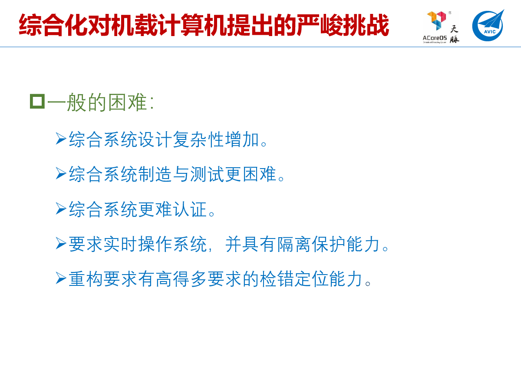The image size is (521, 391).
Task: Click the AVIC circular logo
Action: pyautogui.click(x=488, y=26)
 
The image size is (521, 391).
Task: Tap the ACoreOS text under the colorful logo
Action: pyautogui.click(x=435, y=38)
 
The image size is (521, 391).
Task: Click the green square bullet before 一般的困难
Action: pyautogui.click(x=37, y=101)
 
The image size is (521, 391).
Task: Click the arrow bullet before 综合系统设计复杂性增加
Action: pyautogui.click(x=61, y=139)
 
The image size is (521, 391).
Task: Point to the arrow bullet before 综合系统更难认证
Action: pyautogui.click(x=61, y=209)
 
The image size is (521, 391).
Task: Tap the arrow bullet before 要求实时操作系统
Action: pyautogui.click(x=61, y=243)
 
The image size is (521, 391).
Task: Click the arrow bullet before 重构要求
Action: pyautogui.click(x=61, y=278)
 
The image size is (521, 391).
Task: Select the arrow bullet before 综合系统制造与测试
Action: pyautogui.click(x=61, y=173)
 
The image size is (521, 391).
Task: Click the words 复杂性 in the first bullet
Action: pyautogui.click(x=199, y=139)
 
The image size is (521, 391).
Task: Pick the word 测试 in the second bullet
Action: pyautogui.click(x=207, y=174)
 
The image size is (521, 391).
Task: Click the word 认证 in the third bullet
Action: pyautogui.click(x=190, y=209)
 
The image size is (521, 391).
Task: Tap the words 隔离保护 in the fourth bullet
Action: pyautogui.click(x=311, y=244)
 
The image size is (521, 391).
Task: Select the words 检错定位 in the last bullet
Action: pyautogui.click(x=294, y=279)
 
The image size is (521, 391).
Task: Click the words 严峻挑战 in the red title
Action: pyautogui.click(x=343, y=25)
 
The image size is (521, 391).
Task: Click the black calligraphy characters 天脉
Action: pyautogui.click(x=454, y=34)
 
